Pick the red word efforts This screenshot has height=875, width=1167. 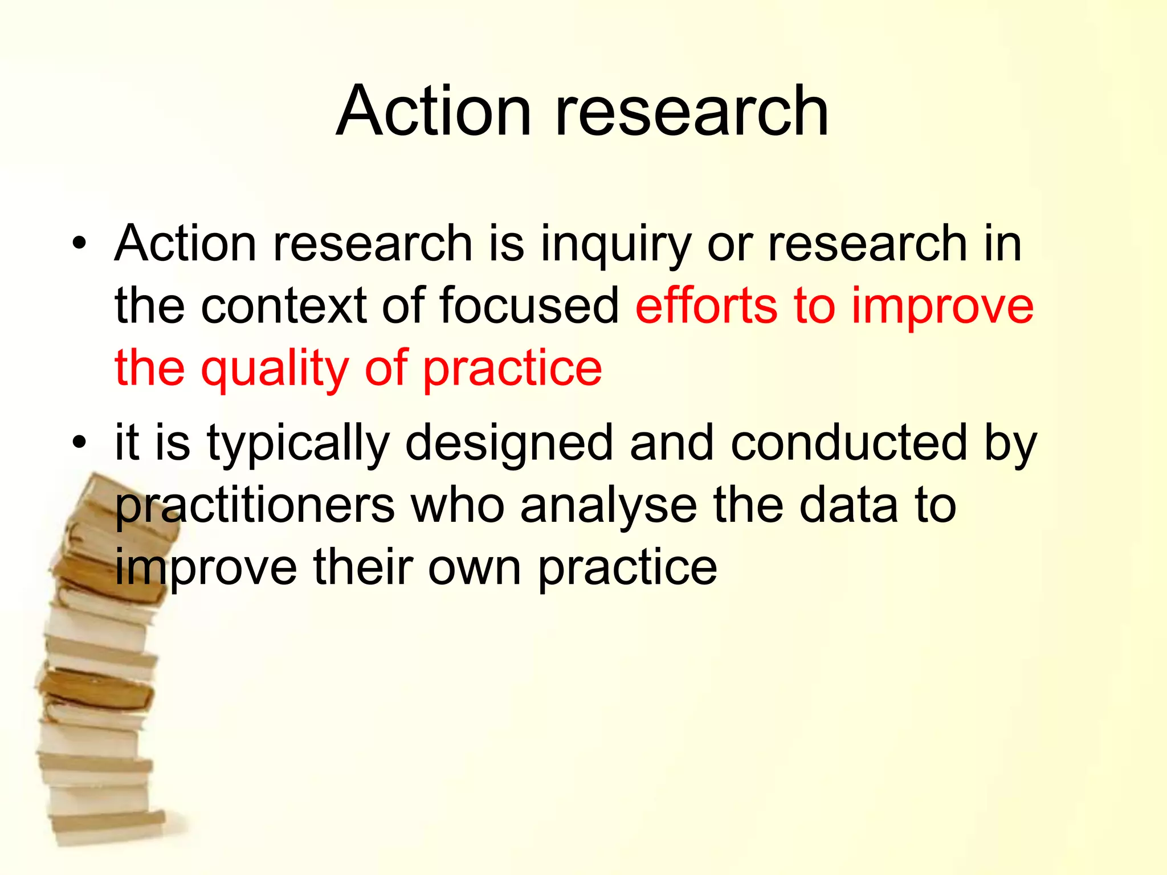pos(706,306)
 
